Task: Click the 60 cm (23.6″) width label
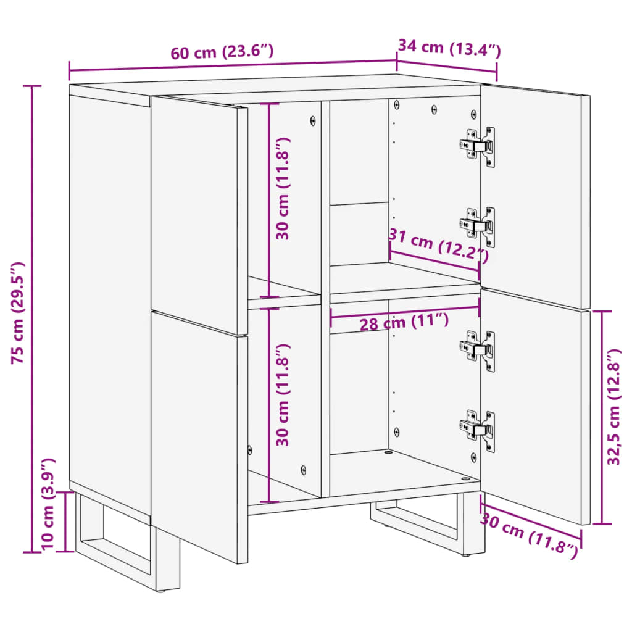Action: [x=222, y=52]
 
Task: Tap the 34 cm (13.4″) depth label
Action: [x=449, y=48]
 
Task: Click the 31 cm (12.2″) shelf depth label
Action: [x=438, y=244]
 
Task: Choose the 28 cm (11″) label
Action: [x=404, y=322]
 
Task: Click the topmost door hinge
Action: [x=478, y=146]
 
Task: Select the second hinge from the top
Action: [x=478, y=226]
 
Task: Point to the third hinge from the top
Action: [x=478, y=351]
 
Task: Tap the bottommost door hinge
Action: [x=478, y=430]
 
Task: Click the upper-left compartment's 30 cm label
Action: [x=283, y=188]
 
